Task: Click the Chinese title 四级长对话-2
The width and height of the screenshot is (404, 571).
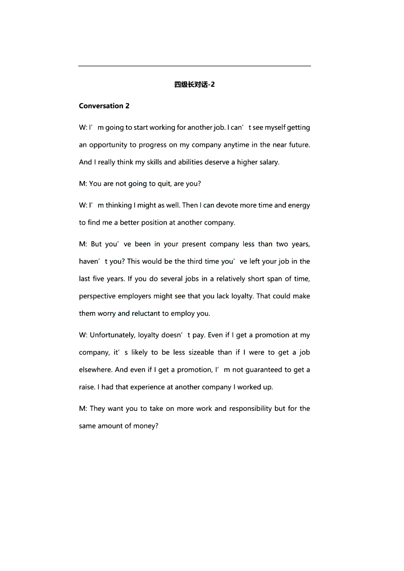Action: [194, 85]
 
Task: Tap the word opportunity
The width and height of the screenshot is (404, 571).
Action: [108, 145]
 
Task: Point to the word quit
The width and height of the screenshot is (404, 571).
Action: [164, 184]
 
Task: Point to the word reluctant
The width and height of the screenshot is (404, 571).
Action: [146, 313]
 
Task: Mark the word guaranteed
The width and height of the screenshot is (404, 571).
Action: [264, 370]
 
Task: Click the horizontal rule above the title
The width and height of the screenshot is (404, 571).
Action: [195, 66]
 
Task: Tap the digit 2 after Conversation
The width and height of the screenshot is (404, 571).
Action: [127, 106]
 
